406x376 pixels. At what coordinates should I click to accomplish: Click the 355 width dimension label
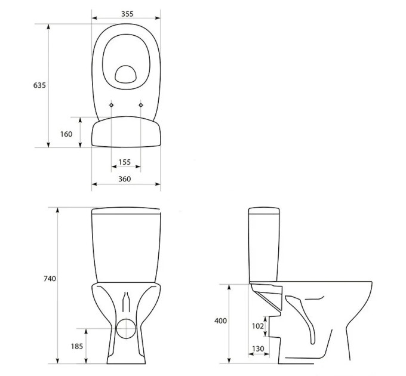click(x=127, y=14)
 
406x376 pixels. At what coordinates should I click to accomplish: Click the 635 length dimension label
click(x=39, y=85)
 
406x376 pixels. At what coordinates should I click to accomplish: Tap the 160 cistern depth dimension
click(x=66, y=134)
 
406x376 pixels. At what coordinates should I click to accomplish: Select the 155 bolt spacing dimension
click(x=125, y=162)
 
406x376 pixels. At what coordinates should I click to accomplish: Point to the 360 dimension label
click(x=125, y=179)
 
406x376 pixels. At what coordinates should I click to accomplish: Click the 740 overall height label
click(x=50, y=279)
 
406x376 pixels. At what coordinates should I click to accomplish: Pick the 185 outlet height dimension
click(x=77, y=346)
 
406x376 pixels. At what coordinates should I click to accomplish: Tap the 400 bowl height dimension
click(x=220, y=320)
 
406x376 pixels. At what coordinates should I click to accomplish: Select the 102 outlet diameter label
click(x=258, y=326)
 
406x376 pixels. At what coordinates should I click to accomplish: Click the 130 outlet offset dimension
click(x=258, y=349)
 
